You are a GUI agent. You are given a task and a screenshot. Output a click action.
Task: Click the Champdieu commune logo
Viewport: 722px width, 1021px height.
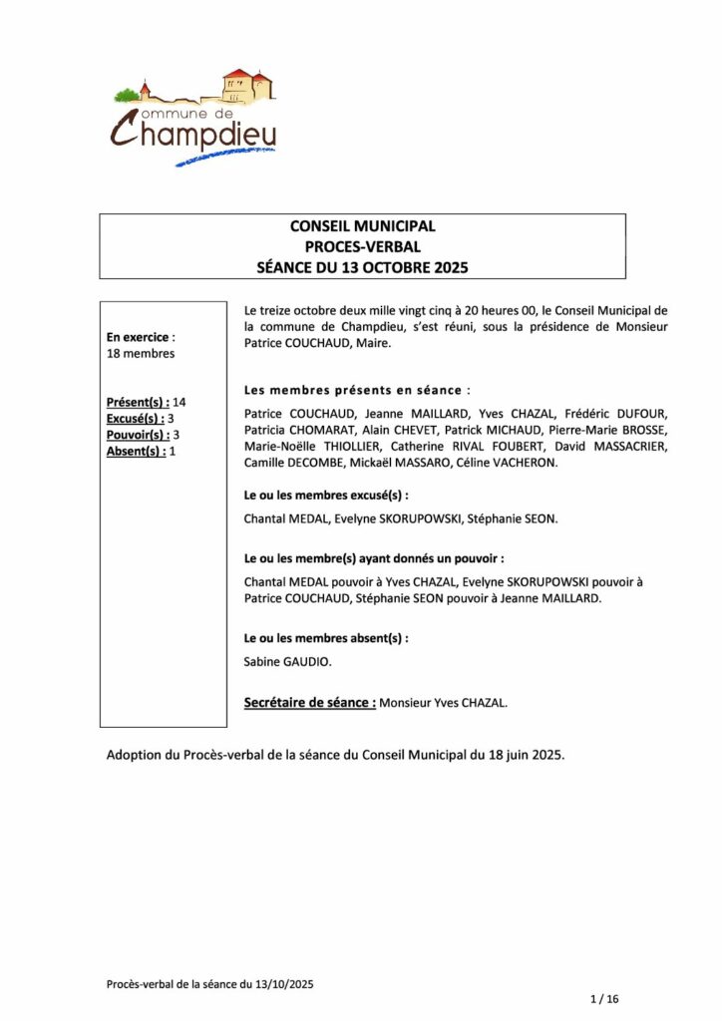(194, 118)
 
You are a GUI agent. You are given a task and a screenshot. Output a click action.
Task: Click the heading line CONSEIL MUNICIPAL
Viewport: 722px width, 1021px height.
(362, 226)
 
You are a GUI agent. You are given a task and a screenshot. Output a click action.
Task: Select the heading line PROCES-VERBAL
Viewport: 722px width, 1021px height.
(362, 246)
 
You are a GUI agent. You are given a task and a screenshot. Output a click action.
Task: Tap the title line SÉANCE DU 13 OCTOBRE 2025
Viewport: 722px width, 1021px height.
(362, 267)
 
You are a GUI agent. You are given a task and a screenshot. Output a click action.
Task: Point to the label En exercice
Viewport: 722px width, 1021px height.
(139, 337)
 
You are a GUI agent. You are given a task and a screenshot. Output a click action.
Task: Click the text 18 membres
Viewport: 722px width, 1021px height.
(141, 353)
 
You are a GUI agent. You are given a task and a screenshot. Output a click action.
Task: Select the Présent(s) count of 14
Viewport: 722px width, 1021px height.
(180, 402)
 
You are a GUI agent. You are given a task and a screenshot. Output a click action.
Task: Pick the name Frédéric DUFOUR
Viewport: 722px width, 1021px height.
(615, 413)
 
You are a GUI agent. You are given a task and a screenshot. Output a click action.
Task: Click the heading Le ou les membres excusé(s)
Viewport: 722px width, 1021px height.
(326, 495)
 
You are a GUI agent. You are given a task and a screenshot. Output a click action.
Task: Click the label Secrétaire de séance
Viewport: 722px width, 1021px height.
(309, 703)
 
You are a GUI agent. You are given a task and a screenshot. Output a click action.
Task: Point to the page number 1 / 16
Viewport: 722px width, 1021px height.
(605, 998)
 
